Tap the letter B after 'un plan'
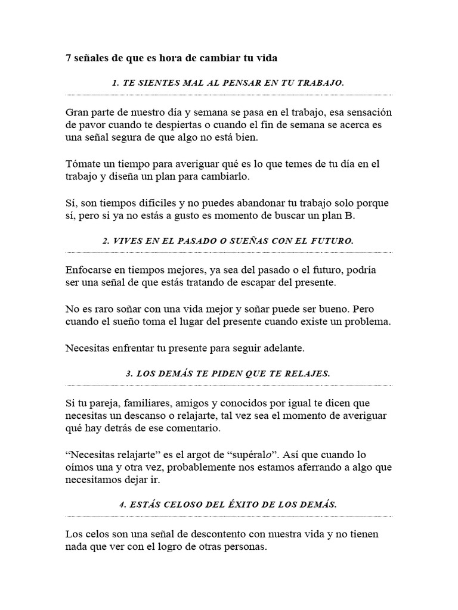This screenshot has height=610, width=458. point(351,216)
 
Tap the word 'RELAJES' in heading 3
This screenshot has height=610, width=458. point(307,374)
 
